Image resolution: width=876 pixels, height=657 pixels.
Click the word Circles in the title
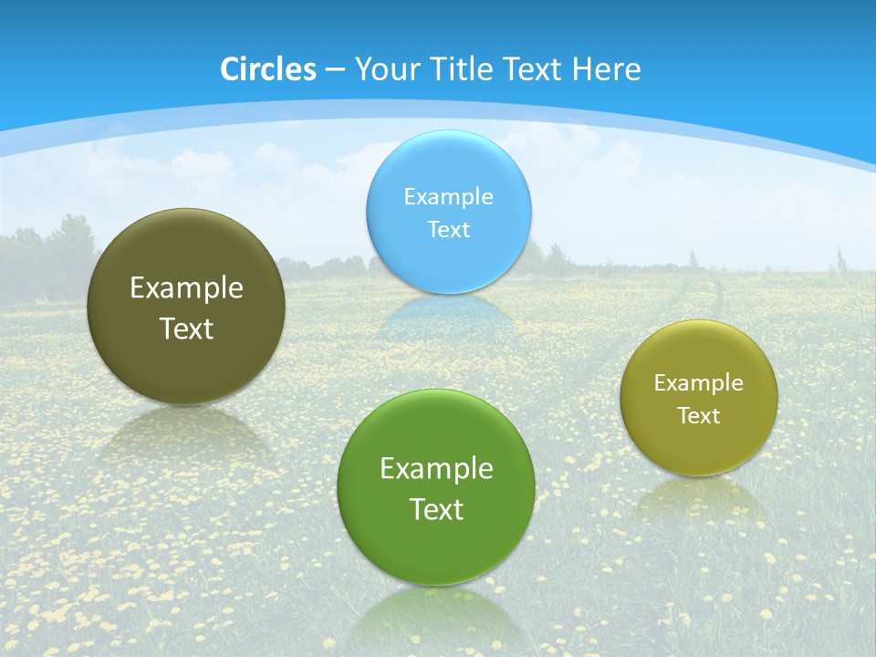[x=268, y=69]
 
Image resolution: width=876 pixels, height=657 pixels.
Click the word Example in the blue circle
[x=448, y=196]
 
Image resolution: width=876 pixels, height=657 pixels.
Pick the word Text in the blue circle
[x=448, y=229]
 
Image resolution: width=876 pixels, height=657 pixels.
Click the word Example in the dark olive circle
[x=186, y=288]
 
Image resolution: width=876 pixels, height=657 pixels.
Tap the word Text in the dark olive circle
[x=186, y=328]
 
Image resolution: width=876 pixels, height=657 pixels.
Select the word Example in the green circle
[x=436, y=469]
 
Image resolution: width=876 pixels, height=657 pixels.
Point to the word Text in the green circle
[x=436, y=509]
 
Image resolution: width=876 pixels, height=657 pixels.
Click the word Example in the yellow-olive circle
[x=698, y=383]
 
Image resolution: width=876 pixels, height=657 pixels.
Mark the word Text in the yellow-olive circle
[x=698, y=416]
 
